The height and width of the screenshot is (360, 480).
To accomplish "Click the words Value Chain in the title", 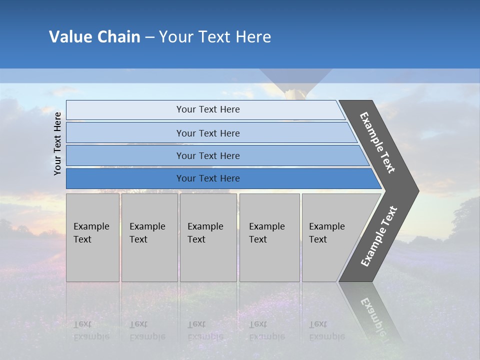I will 94,37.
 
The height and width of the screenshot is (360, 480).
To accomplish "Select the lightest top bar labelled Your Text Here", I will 207,109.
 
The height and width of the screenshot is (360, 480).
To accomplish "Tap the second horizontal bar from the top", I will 207,133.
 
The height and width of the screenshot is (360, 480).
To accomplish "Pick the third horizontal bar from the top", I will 207,155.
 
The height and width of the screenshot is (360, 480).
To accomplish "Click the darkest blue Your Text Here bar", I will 207,178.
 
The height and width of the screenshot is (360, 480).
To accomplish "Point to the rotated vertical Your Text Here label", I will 57,143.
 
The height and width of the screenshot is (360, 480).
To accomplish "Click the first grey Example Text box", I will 92,237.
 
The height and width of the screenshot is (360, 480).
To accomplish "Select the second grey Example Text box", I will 149,237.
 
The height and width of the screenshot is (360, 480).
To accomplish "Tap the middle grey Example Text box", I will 208,237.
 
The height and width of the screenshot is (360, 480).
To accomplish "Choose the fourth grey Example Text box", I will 269,237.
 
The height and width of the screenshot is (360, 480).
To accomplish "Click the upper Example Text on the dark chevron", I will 377,142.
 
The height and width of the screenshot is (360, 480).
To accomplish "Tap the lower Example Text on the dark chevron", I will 378,236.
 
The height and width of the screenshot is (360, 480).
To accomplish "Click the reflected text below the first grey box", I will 91,330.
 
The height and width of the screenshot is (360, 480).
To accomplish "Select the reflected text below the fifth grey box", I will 326,330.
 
